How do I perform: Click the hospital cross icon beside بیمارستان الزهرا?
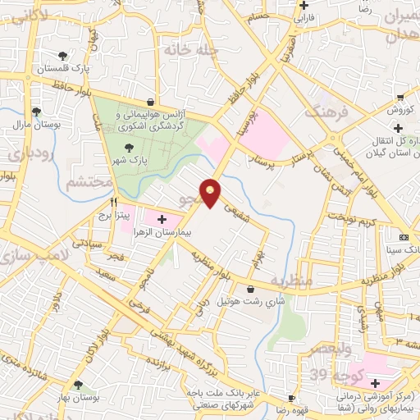point(162,219)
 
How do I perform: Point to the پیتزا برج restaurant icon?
point(114,202)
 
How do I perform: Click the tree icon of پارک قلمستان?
point(63,56)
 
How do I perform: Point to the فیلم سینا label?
point(403,249)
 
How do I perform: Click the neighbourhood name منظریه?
point(294,281)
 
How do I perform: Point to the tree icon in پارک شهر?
point(129,148)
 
